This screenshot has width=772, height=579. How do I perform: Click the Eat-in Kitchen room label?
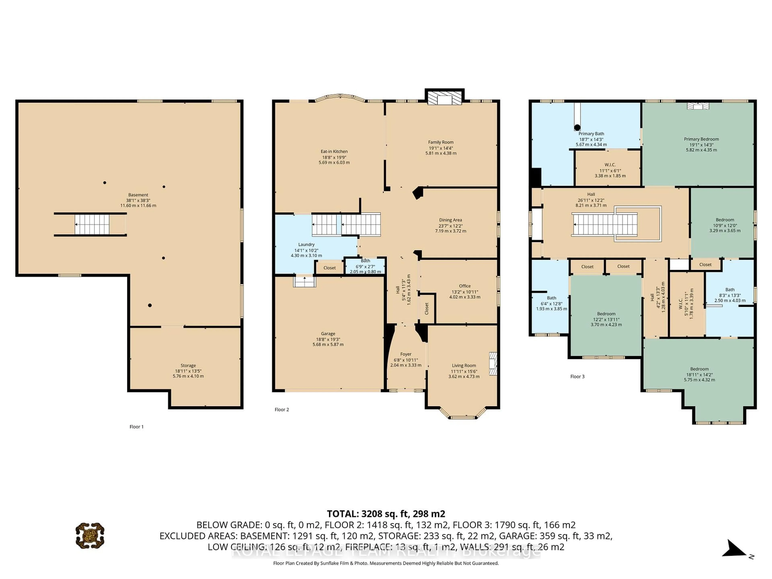pos(334,151)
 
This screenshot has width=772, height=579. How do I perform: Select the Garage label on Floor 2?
pos(328,334)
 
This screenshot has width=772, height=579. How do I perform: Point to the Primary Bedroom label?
pos(701,139)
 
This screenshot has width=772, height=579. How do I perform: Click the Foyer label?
pos(406,354)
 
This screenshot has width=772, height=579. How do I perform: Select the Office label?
pos(465,286)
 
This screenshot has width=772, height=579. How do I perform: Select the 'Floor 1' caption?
pos(137,426)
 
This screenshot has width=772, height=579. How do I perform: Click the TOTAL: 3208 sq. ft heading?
pos(386,514)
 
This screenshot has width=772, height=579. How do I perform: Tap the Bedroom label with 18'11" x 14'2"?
pos(699,369)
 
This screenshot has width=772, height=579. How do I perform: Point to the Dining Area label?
pos(450,220)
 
